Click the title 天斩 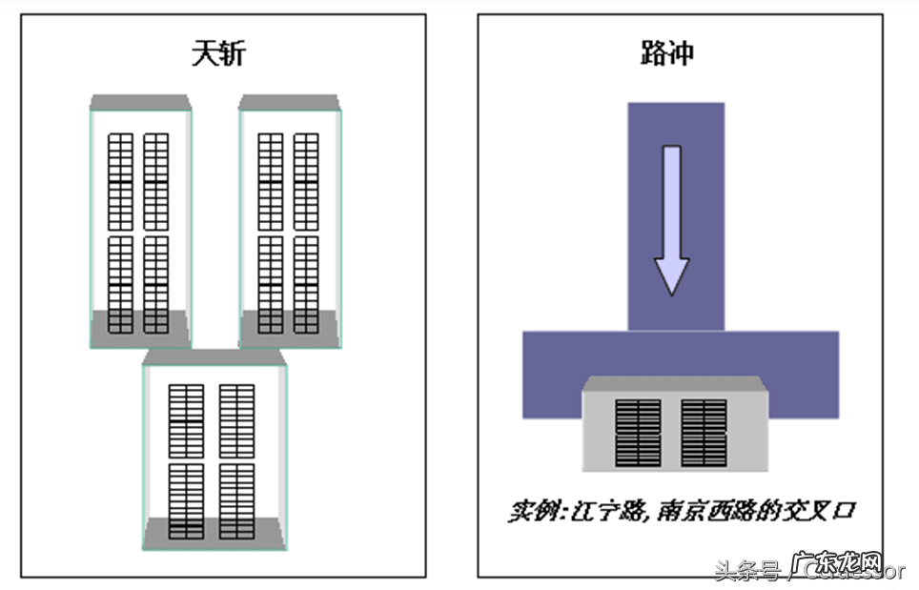(218, 52)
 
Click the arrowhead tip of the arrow (671, 291)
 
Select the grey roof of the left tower (139, 102)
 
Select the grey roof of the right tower (289, 102)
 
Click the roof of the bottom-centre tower (214, 356)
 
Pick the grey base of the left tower (139, 328)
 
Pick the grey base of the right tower (289, 328)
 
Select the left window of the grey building (638, 433)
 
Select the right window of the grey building (704, 433)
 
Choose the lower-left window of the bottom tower (186, 500)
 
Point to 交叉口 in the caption (821, 511)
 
